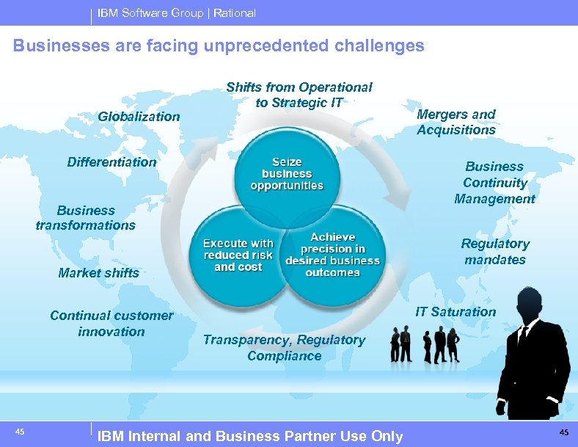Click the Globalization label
pyautogui.click(x=139, y=116)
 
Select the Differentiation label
pyautogui.click(x=111, y=161)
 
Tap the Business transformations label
pyautogui.click(x=86, y=218)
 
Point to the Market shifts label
pyautogui.click(x=98, y=272)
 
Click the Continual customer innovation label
pyautogui.click(x=111, y=324)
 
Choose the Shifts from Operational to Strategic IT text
pyautogui.click(x=299, y=95)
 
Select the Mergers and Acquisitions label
pyautogui.click(x=456, y=122)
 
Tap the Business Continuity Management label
pyautogui.click(x=494, y=183)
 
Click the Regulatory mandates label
pyautogui.click(x=495, y=252)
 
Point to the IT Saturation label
pyautogui.click(x=456, y=311)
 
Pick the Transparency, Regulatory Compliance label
pyautogui.click(x=284, y=348)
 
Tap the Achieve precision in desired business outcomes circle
pyautogui.click(x=334, y=255)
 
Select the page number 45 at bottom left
pyautogui.click(x=20, y=432)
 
